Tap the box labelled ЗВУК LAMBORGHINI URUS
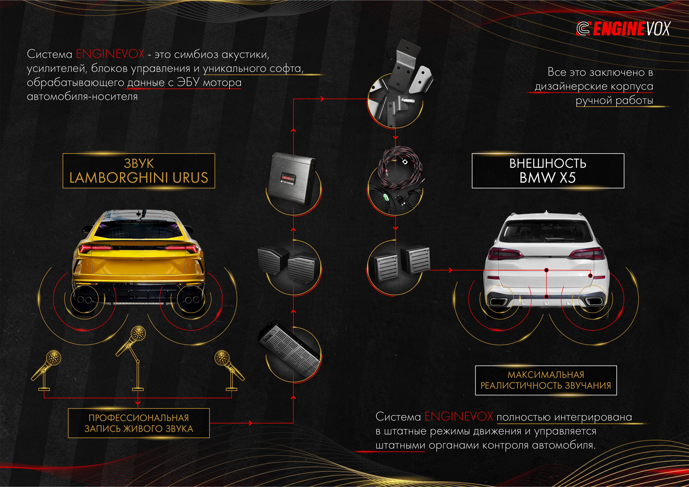[x=139, y=171]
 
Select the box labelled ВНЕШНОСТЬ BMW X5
[x=548, y=171]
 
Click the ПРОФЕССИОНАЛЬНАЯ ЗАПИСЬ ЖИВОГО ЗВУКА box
[x=139, y=423]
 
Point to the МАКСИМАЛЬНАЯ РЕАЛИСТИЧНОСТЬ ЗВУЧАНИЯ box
[x=546, y=380]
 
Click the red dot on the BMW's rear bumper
[x=546, y=297]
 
